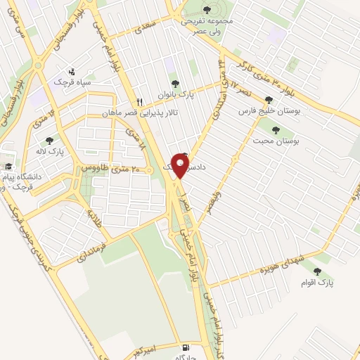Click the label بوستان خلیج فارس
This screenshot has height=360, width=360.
coord(264,111)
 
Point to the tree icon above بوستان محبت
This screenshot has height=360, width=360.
coord(275,130)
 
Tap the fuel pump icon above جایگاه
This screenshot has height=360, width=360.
coord(185,347)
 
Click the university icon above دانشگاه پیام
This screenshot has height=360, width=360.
coord(8,167)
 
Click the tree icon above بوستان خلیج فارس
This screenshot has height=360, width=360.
coord(268,99)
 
